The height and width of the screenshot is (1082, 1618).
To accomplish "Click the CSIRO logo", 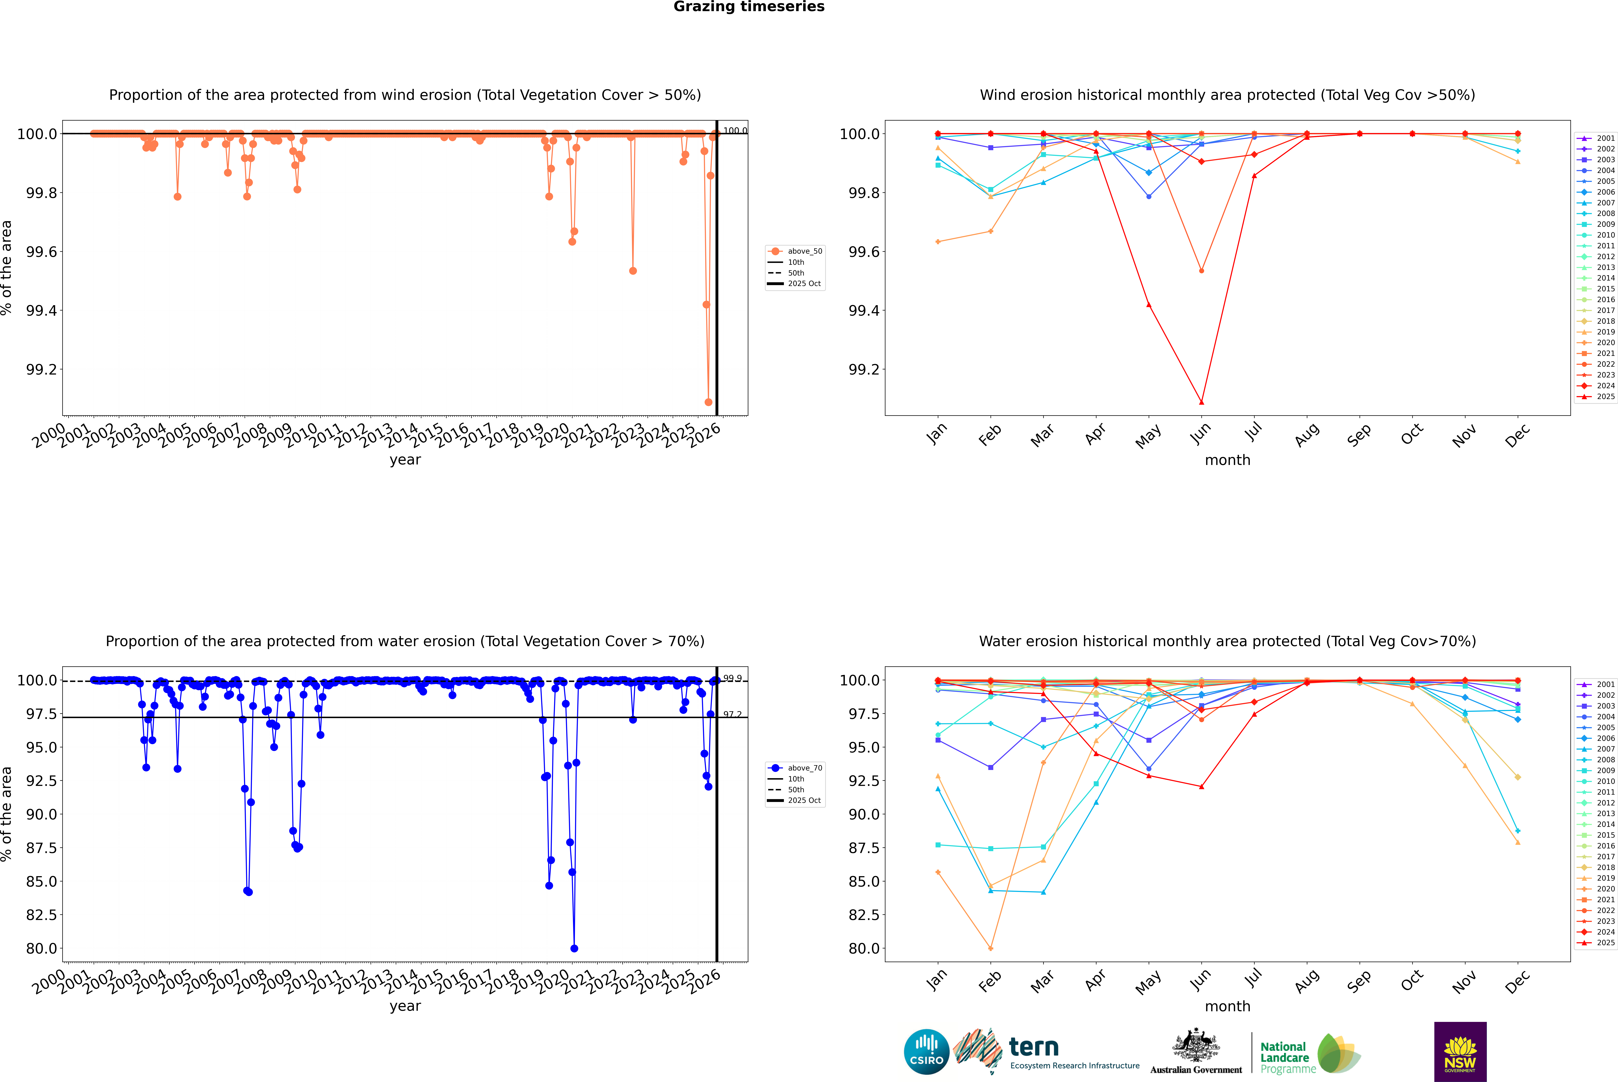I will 926,1052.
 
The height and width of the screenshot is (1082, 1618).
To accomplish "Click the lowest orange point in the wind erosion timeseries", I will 708,402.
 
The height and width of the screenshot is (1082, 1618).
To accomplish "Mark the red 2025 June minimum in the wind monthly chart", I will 1201,402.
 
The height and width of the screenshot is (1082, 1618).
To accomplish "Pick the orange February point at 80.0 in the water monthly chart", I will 990,948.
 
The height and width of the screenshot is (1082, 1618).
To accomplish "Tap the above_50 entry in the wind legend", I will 804,251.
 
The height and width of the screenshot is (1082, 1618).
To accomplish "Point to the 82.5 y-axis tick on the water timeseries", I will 41,914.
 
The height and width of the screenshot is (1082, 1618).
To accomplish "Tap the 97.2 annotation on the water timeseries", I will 732,714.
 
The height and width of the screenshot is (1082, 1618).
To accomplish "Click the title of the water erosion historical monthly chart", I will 1227,641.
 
